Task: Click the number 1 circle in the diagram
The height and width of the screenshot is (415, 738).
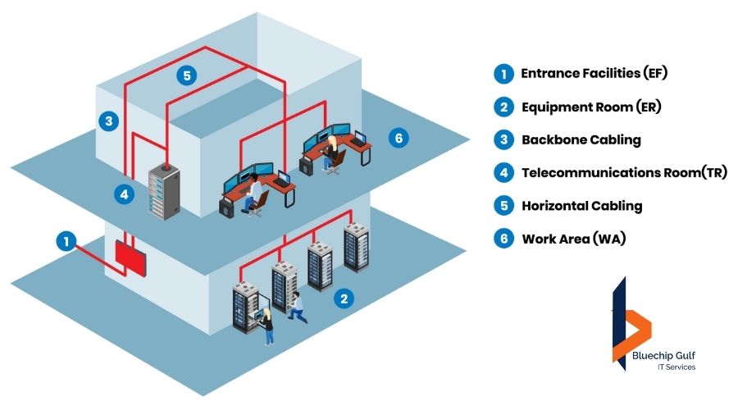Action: point(66,241)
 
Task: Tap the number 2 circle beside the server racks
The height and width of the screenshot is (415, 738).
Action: point(345,299)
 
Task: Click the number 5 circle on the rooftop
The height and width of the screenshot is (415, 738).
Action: point(187,75)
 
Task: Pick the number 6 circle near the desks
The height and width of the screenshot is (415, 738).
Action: point(399,138)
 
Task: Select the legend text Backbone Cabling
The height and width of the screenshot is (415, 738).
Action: point(581,139)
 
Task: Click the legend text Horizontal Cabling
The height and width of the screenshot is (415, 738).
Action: point(581,206)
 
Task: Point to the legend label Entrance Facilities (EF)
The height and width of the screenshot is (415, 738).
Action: point(594,73)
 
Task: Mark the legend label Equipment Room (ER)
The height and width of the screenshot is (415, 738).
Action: point(591,107)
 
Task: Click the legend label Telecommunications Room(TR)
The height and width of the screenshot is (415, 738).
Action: point(624,173)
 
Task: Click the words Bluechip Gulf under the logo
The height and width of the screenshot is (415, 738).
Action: point(664,354)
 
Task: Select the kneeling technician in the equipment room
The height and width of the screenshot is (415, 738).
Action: point(296,307)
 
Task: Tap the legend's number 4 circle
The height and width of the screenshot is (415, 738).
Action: point(503,173)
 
